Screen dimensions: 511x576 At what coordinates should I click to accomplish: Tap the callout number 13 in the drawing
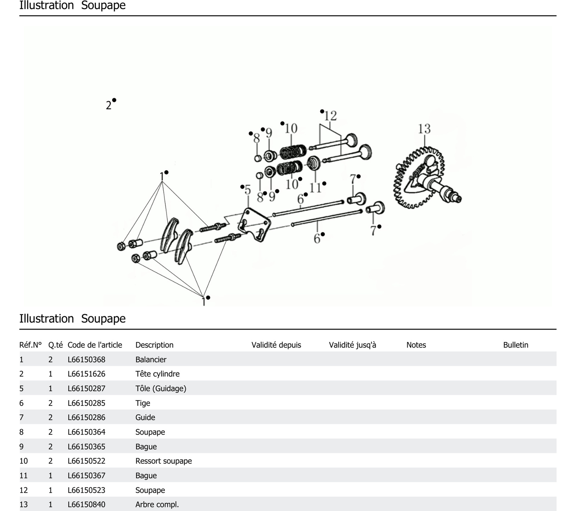click(424, 129)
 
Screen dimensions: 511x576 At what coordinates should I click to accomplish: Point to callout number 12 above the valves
click(330, 116)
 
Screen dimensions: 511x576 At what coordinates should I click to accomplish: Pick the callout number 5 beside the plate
click(248, 190)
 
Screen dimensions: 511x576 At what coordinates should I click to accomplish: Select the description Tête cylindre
click(157, 374)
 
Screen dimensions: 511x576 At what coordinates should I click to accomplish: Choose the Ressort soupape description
click(163, 461)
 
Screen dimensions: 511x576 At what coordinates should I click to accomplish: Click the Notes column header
click(416, 345)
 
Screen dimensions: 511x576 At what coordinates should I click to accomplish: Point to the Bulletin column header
click(515, 345)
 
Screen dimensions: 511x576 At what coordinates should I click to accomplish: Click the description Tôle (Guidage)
click(161, 388)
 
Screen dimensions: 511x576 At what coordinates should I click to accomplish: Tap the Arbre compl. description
click(157, 504)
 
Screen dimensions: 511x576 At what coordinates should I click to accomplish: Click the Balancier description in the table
click(151, 359)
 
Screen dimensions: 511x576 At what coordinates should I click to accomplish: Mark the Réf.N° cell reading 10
click(24, 461)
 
